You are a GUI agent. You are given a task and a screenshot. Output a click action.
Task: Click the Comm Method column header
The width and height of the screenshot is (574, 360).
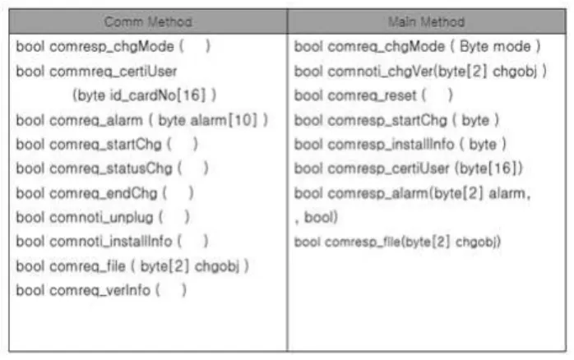(x=148, y=22)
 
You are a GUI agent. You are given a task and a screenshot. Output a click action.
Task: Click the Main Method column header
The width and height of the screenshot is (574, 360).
(x=427, y=22)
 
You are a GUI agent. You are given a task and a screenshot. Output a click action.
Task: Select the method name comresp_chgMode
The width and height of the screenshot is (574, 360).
(x=112, y=47)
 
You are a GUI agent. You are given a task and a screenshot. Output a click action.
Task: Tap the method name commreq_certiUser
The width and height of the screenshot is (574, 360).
(x=113, y=72)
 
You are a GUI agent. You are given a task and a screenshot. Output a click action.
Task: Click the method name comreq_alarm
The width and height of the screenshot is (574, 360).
(x=96, y=120)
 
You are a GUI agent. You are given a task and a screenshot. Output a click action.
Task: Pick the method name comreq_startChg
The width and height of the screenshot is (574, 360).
(x=105, y=145)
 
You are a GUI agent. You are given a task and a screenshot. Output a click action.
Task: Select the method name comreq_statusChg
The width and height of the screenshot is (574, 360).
(x=111, y=169)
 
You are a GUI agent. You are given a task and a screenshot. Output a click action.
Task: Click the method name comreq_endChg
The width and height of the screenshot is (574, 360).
(x=104, y=193)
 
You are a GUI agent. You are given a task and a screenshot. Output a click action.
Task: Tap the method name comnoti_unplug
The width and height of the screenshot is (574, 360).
(x=101, y=218)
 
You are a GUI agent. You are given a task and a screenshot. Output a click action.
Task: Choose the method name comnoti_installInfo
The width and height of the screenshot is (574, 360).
(x=110, y=242)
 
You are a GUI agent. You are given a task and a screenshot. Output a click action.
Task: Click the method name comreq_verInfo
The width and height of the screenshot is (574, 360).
(x=100, y=291)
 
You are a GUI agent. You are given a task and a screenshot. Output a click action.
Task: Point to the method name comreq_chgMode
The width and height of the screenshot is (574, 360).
(x=387, y=47)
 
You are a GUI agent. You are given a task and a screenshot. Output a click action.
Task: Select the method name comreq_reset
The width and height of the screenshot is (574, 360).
(x=373, y=96)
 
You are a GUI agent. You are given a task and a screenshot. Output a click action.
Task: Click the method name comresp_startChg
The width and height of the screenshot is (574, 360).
(x=387, y=120)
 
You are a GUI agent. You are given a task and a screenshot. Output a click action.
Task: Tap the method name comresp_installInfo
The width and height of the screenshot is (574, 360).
(x=391, y=145)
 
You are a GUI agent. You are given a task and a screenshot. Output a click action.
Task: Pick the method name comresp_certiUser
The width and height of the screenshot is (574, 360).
(x=388, y=169)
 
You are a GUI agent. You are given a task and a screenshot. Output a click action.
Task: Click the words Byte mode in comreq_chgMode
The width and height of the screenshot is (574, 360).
(x=495, y=47)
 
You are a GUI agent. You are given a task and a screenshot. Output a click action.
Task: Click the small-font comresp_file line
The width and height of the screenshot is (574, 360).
(x=397, y=242)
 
